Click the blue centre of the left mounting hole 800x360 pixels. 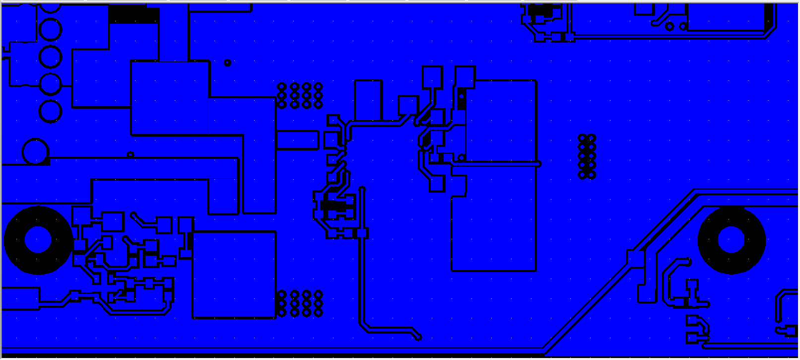coord(38,240)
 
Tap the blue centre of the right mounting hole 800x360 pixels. coord(731,240)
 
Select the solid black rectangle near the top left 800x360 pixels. coord(134,15)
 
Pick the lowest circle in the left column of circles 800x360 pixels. coord(50,111)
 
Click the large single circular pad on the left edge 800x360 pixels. coord(35,151)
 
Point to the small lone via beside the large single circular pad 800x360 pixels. coord(131,154)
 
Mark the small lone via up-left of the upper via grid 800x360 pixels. coord(227,63)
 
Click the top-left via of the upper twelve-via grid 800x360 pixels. coord(282,86)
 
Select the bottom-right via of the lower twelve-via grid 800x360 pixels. coord(318,312)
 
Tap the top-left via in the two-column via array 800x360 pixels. coord(583,138)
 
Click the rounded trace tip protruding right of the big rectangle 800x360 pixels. coord(538,163)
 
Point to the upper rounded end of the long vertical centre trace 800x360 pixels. coord(362,189)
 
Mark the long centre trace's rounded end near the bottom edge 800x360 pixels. coord(418,337)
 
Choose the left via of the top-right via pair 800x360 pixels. coord(669,26)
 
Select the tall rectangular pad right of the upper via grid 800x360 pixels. coord(368,100)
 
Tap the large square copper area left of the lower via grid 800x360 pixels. coord(234,275)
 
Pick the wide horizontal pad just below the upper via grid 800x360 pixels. coord(297,140)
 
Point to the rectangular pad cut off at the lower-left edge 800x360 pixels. coord(20,298)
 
